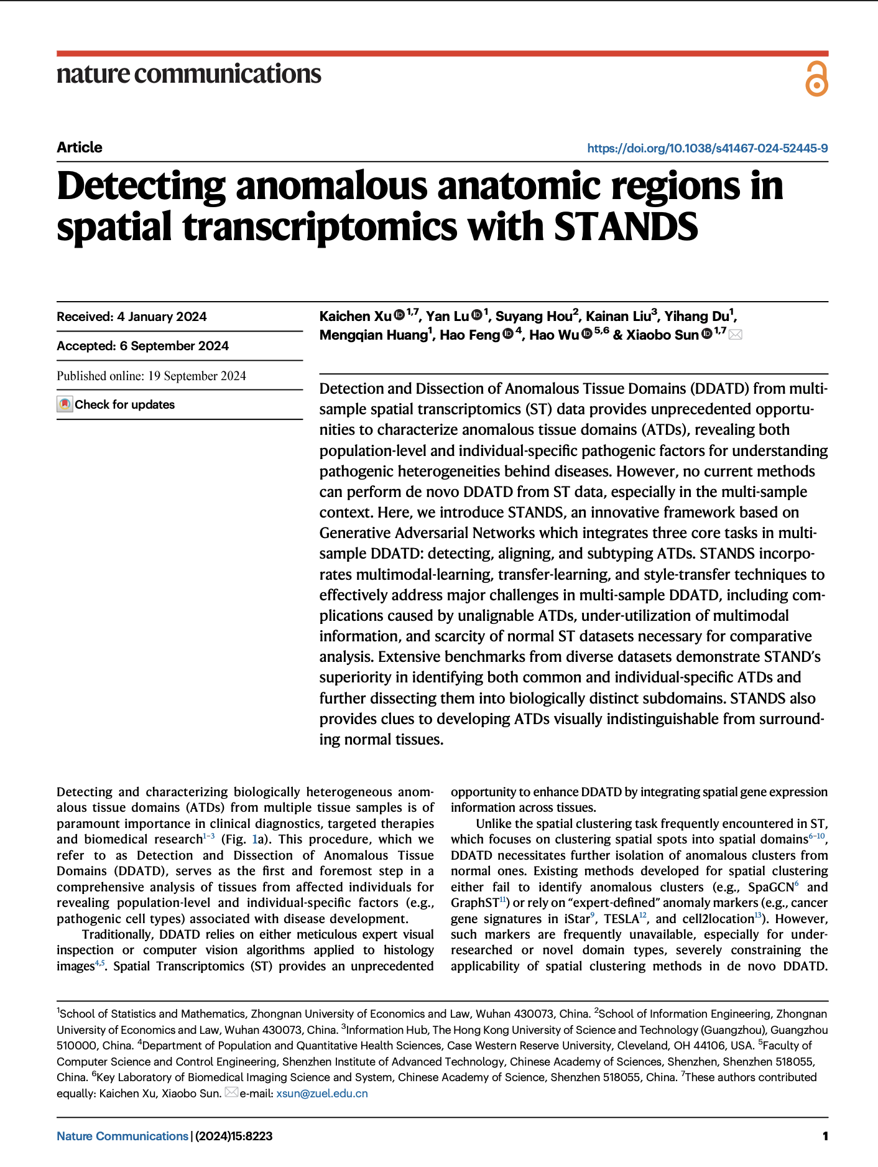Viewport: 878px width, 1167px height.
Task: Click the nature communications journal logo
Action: click(x=188, y=74)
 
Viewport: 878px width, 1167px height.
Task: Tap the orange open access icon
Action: click(x=816, y=79)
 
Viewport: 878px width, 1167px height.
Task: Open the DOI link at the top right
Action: click(x=707, y=148)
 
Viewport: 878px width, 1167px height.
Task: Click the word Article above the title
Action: click(x=80, y=147)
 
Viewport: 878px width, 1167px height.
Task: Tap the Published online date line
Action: click(x=151, y=376)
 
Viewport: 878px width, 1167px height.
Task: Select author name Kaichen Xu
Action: click(x=355, y=316)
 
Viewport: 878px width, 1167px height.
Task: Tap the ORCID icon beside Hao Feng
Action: click(x=508, y=334)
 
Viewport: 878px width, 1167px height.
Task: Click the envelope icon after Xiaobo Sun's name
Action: click(x=736, y=335)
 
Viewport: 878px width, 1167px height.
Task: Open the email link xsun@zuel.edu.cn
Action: click(x=321, y=1093)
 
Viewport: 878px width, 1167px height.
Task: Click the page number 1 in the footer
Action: click(x=825, y=1136)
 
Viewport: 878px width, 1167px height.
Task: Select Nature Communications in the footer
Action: click(x=122, y=1136)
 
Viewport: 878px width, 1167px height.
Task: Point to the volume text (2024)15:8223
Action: click(x=234, y=1136)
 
